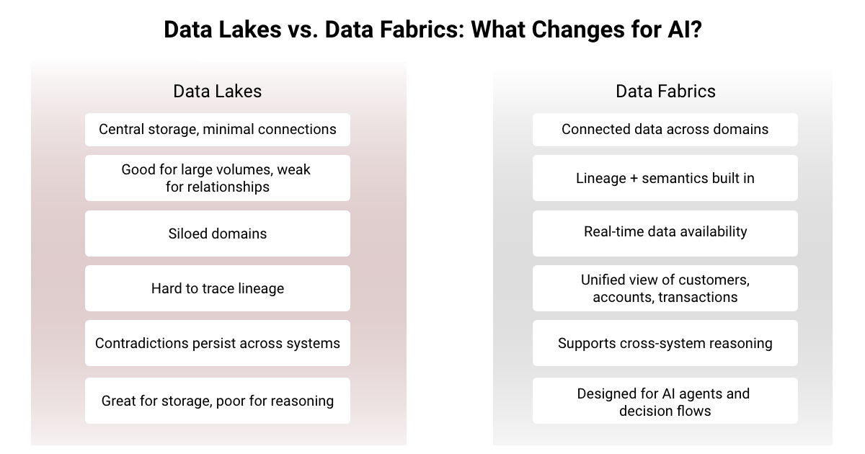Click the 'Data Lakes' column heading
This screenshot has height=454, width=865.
217,92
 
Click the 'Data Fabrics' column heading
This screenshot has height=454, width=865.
665,92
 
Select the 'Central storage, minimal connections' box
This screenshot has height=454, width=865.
217,130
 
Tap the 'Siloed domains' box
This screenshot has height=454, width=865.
217,233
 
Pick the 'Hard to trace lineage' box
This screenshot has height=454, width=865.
217,288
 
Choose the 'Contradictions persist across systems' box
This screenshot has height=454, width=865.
217,343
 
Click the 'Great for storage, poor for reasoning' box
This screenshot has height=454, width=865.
217,401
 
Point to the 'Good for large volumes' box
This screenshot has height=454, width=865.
217,178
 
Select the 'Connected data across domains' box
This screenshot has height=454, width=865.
665,130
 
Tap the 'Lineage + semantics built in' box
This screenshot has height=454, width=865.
665,178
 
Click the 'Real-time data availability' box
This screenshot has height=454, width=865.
665,232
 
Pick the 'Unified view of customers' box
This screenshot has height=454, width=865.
665,288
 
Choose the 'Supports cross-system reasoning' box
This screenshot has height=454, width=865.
665,343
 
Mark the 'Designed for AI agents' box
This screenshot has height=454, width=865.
665,401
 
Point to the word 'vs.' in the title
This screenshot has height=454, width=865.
297,30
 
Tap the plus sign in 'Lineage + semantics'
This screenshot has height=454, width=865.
636,178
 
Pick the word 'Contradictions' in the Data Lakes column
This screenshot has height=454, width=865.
141,343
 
